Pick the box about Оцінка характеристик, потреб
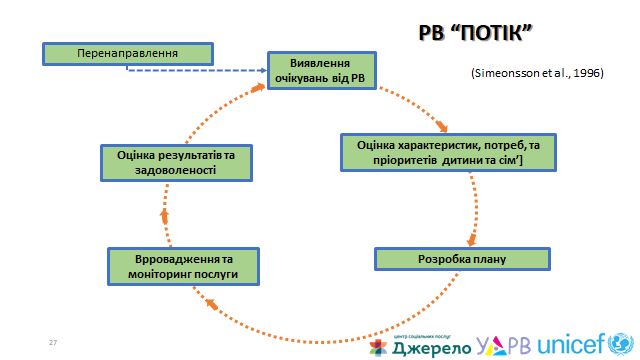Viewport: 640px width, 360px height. pyautogui.click(x=448, y=152)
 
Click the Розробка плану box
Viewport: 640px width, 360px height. pyautogui.click(x=461, y=260)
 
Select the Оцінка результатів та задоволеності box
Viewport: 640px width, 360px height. pyautogui.click(x=175, y=163)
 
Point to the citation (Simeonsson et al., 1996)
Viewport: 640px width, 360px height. pyautogui.click(x=535, y=75)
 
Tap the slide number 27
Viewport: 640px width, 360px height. pyautogui.click(x=53, y=343)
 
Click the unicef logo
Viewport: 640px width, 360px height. pyautogui.click(x=582, y=345)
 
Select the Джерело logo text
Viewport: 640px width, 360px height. pyautogui.click(x=420, y=349)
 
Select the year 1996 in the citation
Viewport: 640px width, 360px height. pyautogui.click(x=588, y=75)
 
